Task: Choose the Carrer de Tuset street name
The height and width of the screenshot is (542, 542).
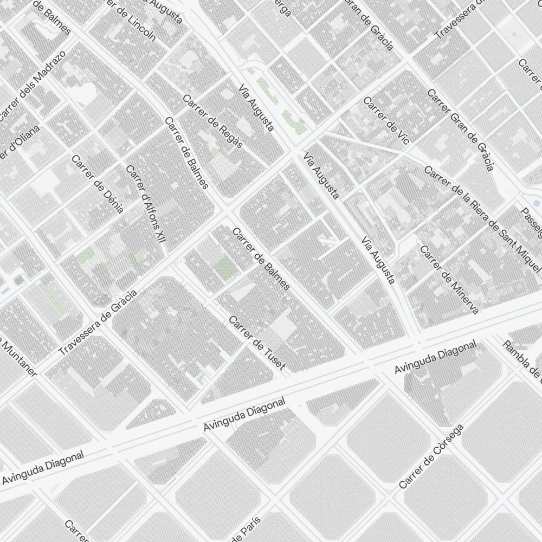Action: [x=256, y=343]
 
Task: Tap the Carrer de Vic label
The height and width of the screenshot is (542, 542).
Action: [x=386, y=120]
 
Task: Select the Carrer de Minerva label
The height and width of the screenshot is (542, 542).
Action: [x=449, y=280]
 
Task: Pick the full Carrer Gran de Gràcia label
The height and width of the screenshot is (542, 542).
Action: [x=460, y=130]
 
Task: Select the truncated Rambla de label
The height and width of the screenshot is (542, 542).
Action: [x=521, y=358]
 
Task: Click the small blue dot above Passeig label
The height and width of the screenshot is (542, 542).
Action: [x=536, y=203]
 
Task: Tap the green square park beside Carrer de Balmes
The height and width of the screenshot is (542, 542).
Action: [x=222, y=266]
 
